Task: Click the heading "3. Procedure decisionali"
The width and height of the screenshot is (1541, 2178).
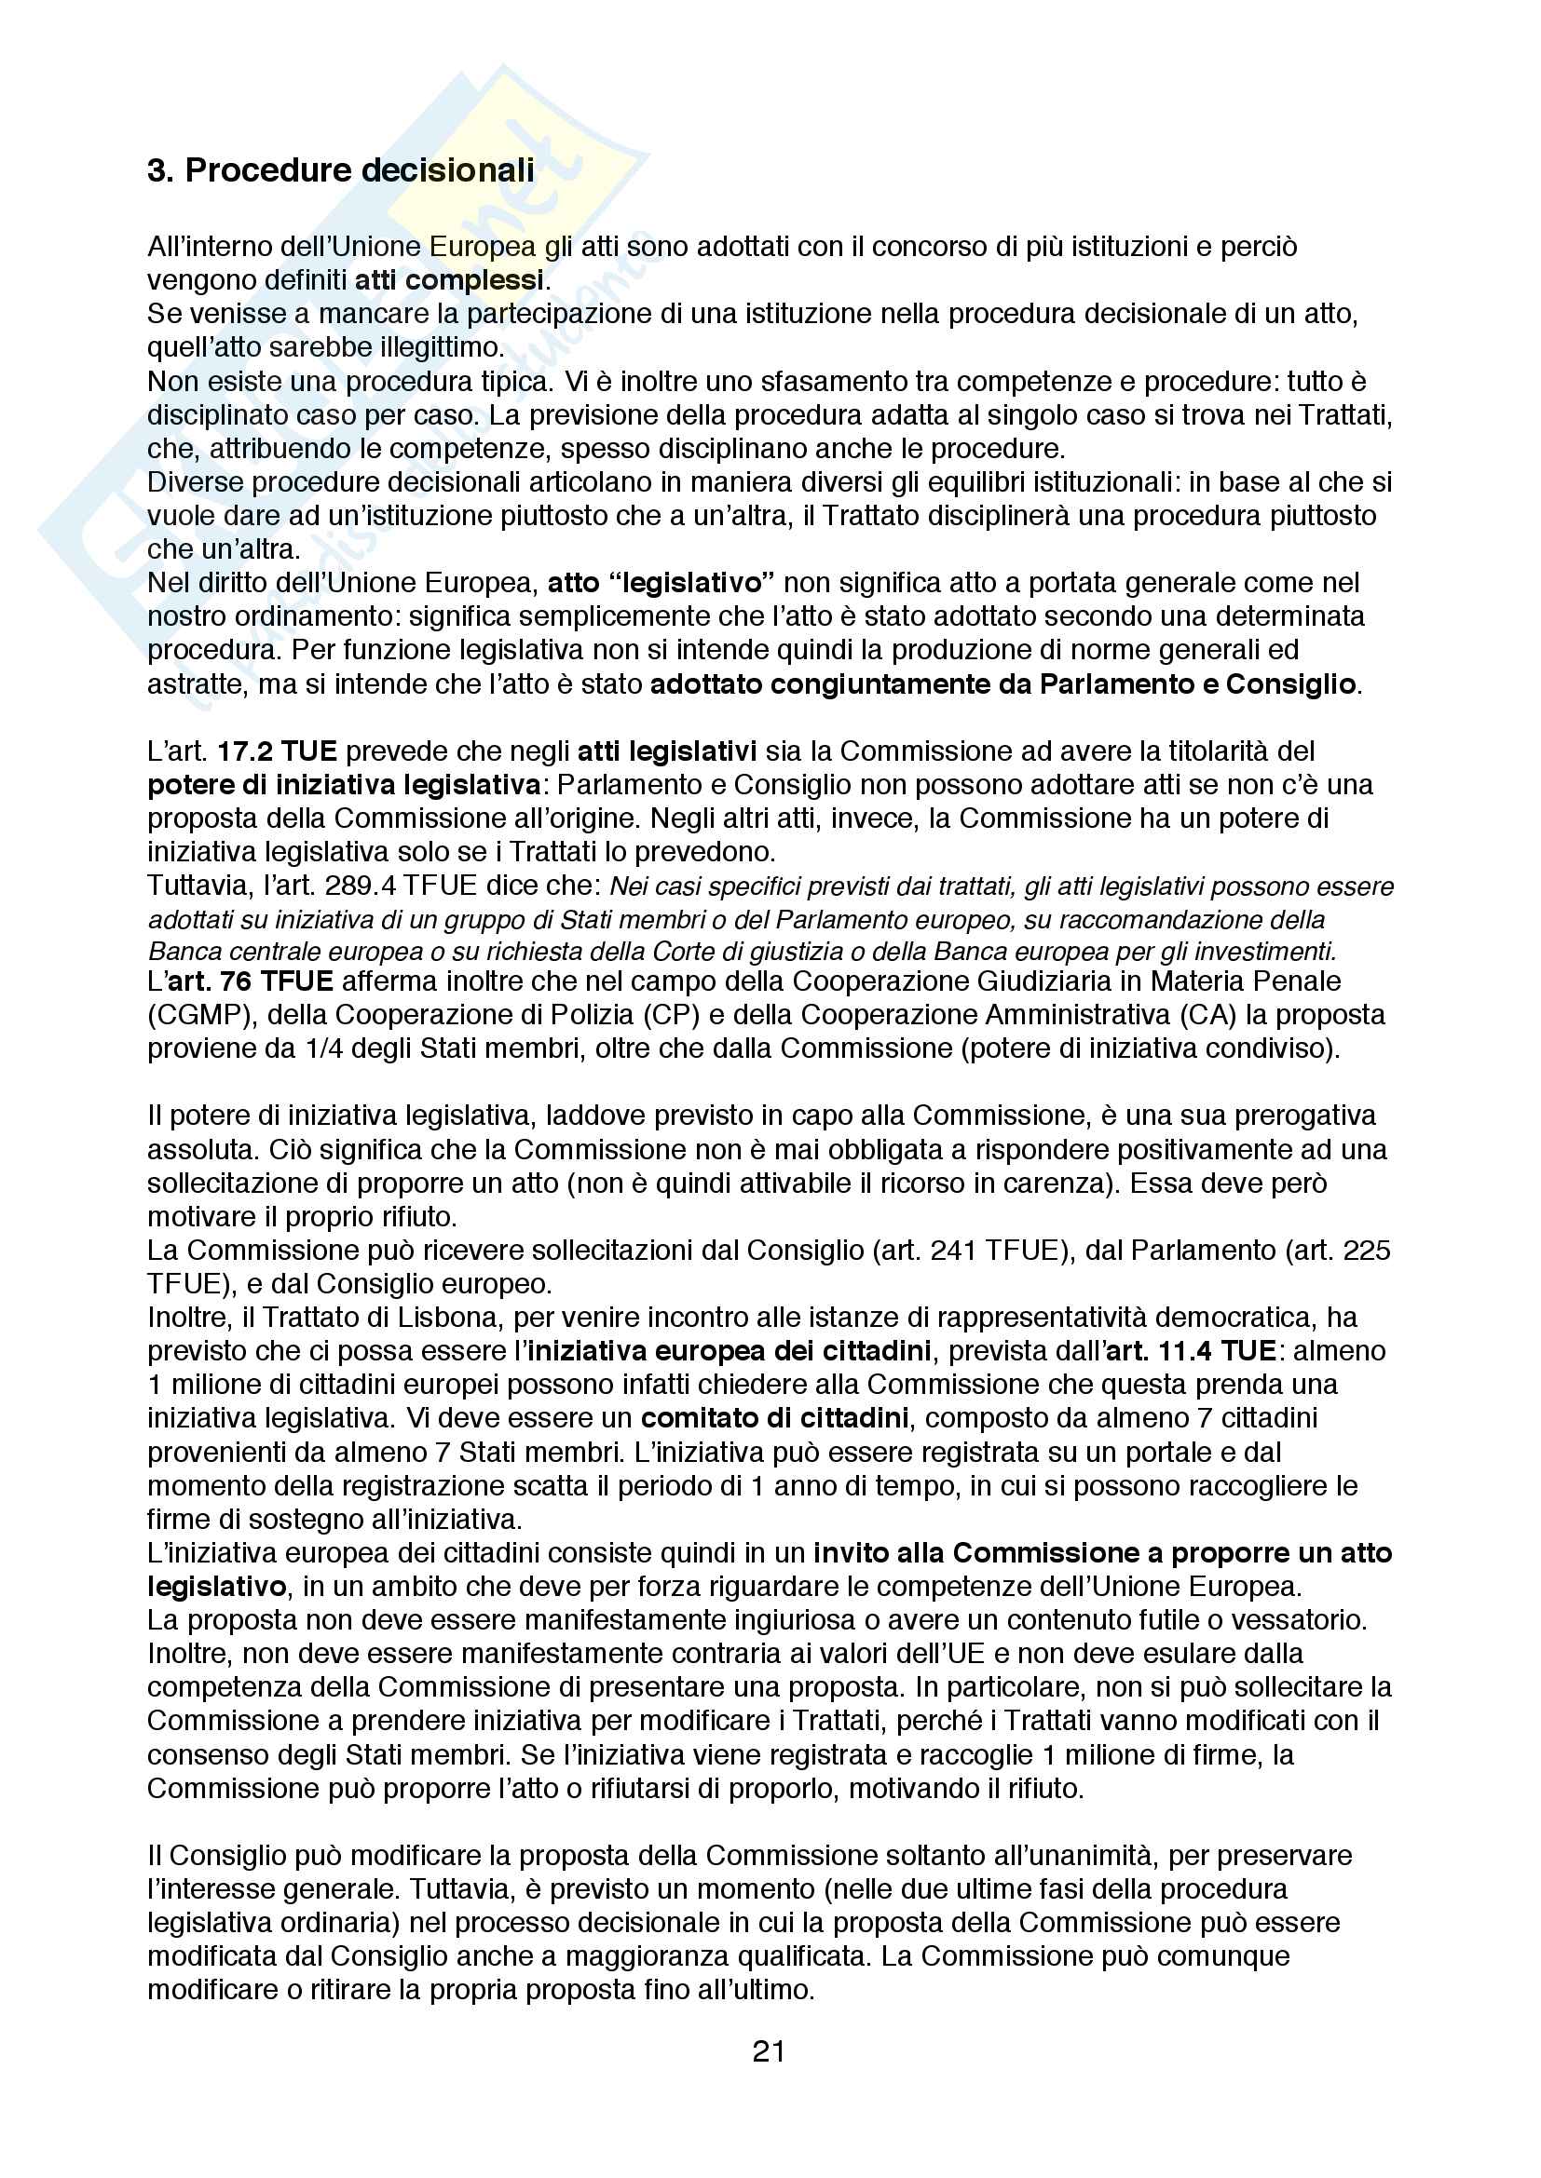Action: coord(341,170)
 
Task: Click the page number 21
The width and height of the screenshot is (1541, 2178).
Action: coord(769,2052)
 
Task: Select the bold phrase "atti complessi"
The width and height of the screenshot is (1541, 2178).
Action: coord(449,281)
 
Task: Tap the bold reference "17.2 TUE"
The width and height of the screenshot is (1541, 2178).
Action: coord(277,751)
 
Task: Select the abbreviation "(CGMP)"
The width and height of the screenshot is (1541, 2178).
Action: coord(198,1015)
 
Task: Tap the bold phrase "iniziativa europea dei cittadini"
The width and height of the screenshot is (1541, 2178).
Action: coord(729,1351)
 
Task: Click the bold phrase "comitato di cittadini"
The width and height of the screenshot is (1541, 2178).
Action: coord(774,1418)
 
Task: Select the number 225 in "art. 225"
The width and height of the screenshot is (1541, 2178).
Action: coord(1368,1251)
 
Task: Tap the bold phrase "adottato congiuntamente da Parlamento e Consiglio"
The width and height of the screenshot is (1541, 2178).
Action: coord(1003,684)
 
